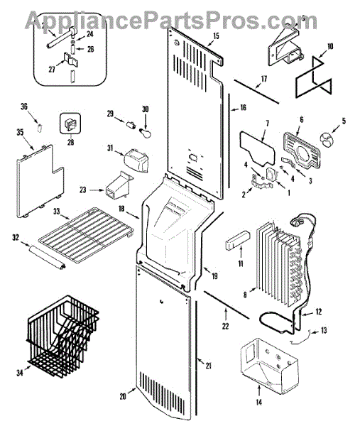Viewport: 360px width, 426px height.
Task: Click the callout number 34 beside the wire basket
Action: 20,373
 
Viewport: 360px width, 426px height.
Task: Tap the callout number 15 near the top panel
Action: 216,36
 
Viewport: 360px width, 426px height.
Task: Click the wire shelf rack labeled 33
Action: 87,235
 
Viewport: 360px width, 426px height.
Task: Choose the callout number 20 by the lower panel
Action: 123,396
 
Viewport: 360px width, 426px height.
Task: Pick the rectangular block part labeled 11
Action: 236,240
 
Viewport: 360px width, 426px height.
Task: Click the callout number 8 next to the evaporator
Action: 245,295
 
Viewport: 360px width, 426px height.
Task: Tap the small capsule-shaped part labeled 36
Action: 40,127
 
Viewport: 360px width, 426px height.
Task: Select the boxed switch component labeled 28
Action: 70,124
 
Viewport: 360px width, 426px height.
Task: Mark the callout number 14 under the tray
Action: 258,402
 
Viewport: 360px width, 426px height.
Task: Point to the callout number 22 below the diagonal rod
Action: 226,326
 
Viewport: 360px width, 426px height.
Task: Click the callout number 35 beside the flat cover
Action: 20,132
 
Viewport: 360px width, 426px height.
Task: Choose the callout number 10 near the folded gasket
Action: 330,46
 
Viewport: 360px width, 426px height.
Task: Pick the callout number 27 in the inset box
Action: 52,70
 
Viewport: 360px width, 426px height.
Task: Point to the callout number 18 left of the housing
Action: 121,208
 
